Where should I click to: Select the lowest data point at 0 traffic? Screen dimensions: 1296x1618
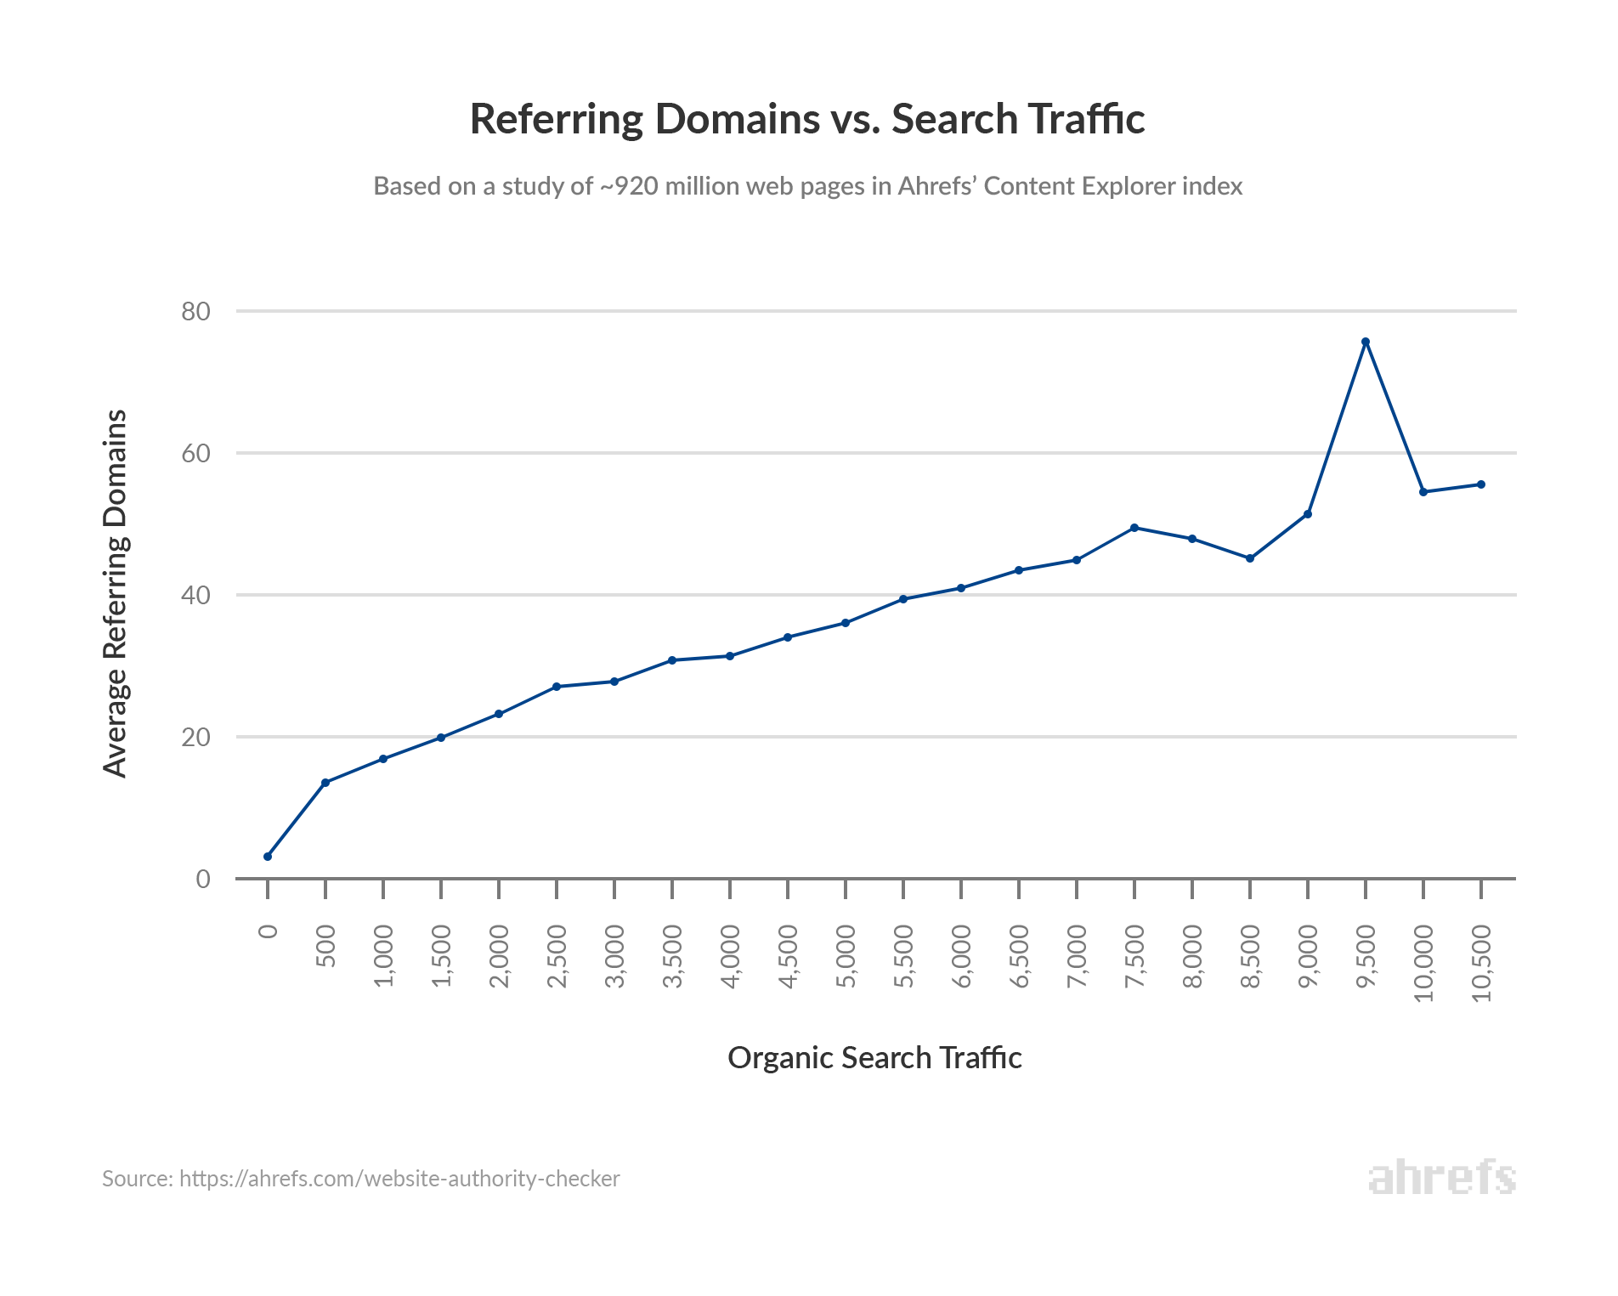point(268,857)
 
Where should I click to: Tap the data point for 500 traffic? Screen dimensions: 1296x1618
point(325,783)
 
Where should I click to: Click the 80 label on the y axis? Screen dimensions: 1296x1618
point(195,312)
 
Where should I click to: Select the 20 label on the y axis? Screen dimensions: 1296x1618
point(195,738)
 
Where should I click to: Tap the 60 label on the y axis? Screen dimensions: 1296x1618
point(195,454)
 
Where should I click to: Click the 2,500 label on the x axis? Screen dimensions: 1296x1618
point(557,957)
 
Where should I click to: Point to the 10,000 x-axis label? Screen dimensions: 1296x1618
point(1423,963)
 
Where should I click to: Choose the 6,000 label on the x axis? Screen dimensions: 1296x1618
point(961,957)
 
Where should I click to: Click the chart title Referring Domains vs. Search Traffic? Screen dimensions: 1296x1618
point(807,119)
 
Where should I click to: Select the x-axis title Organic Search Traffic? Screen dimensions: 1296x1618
point(874,1058)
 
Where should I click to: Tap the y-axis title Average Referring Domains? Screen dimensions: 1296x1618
point(115,593)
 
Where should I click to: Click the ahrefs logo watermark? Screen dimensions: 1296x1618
point(1441,1178)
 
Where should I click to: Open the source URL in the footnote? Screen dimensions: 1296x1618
point(399,1179)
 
